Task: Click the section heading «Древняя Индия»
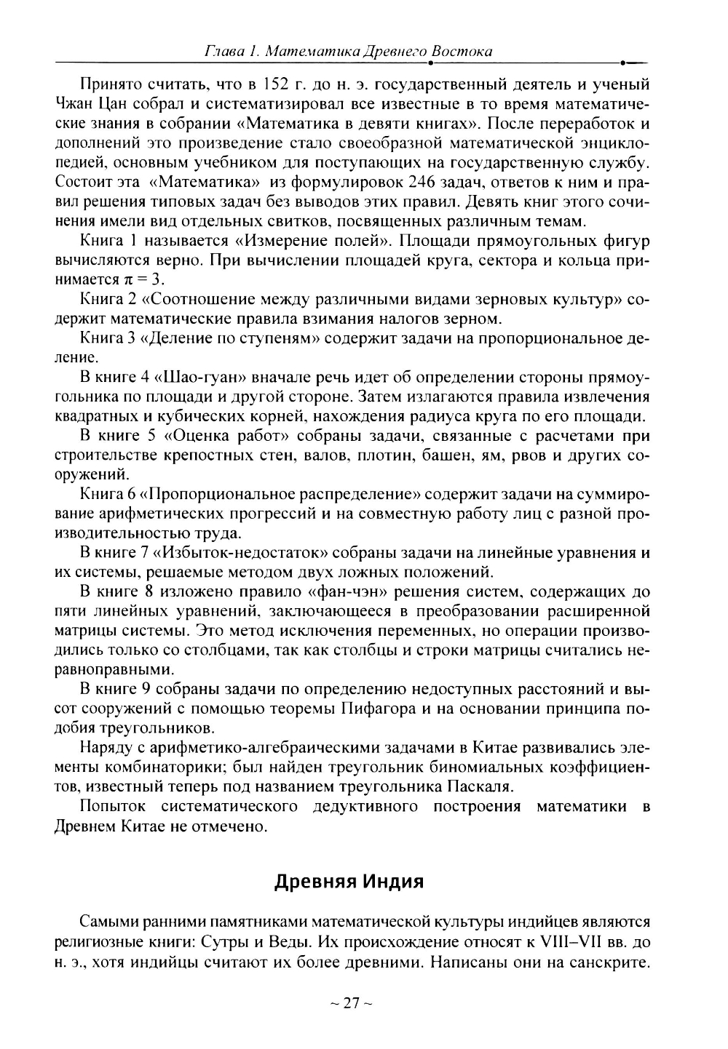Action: tap(349, 882)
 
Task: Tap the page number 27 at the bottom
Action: tap(352, 1003)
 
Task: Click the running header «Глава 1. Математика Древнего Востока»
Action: tap(349, 52)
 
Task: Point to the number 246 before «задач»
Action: tap(424, 181)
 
